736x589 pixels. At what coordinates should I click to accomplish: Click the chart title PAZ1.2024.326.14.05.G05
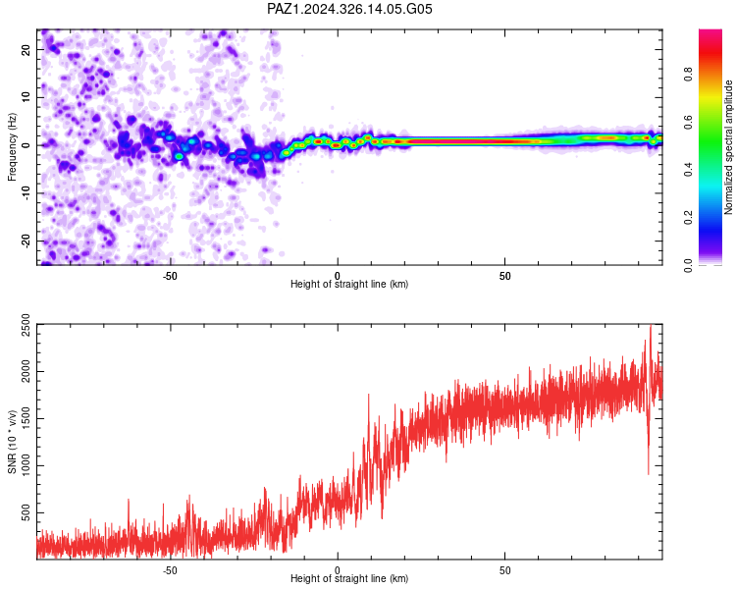pos(349,9)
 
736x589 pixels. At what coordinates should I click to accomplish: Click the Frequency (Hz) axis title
pos(12,147)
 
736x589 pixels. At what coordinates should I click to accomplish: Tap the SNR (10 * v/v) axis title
pos(12,442)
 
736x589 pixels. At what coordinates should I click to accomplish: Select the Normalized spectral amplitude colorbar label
pos(728,147)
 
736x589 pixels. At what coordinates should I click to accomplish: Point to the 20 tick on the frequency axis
pos(26,49)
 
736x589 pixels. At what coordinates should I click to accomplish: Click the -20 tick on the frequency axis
pos(26,241)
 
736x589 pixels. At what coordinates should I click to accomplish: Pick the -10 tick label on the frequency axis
pos(26,193)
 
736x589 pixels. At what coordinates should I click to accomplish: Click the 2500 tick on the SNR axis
pos(26,324)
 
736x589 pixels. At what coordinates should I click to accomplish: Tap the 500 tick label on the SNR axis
pos(26,512)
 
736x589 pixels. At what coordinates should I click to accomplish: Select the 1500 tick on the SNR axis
pos(26,418)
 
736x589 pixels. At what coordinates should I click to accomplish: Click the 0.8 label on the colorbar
pos(688,75)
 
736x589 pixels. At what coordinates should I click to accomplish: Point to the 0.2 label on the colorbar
pos(688,218)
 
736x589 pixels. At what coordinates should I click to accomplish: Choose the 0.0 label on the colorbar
pos(688,266)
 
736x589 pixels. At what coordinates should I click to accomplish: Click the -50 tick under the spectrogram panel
pos(170,276)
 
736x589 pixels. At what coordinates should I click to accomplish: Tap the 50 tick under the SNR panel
pos(504,570)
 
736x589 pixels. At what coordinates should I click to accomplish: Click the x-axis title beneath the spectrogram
pos(349,284)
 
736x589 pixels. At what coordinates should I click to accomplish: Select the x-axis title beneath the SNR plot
pos(349,578)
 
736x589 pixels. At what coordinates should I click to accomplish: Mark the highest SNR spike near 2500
pos(650,326)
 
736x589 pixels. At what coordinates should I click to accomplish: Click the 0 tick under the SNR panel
pos(337,570)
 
